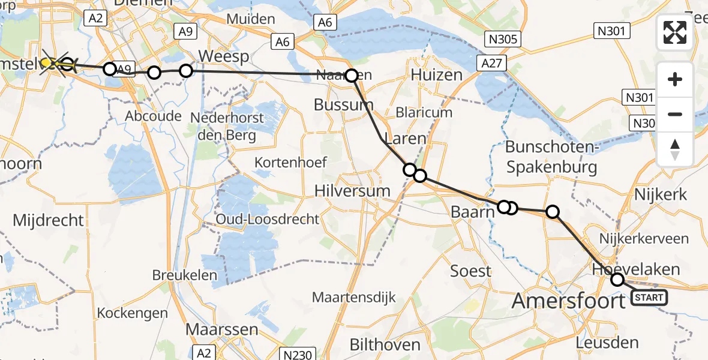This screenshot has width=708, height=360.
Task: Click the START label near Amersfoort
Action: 649,298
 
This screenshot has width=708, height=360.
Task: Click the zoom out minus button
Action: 675,114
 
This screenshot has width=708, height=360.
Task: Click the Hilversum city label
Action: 353,191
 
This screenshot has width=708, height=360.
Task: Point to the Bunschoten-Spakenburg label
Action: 551,157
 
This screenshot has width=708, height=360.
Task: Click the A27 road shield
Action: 493,63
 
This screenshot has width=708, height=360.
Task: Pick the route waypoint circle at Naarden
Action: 351,76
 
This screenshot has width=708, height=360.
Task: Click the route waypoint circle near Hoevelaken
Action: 617,280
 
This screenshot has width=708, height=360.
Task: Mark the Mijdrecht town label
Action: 49,220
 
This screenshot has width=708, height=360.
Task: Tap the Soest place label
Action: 471,271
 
